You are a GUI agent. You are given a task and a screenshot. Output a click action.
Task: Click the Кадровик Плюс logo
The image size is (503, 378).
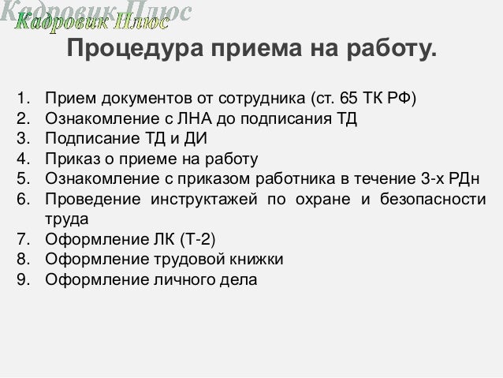coord(102,17)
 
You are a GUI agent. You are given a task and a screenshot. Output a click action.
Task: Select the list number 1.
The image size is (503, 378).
coord(23,101)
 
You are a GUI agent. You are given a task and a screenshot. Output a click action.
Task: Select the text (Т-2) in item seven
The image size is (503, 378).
coord(192,239)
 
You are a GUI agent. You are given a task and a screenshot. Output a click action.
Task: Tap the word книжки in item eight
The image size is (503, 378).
coord(255,259)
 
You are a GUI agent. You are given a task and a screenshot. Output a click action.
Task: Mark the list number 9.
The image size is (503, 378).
coord(23,279)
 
